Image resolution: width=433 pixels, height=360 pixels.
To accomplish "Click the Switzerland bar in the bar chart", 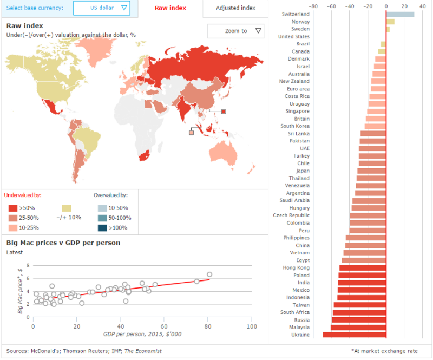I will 400,14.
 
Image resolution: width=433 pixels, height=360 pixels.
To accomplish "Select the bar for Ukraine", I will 355,335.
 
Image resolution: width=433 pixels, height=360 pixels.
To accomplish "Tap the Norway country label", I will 300,22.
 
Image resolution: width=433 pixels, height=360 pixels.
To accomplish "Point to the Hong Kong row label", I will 296,268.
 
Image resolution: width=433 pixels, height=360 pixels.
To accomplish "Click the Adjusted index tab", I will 235,8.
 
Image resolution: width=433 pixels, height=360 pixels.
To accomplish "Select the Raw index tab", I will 170,8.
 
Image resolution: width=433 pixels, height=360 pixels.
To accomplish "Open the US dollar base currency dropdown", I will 102,8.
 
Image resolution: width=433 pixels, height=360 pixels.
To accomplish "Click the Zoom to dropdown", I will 236,31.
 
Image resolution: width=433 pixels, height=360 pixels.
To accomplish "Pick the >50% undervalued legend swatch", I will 12,208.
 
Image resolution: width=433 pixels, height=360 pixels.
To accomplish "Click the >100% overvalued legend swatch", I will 102,228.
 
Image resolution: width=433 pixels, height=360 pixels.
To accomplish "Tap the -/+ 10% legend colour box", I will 67,208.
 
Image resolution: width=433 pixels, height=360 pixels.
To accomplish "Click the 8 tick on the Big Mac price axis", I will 28,266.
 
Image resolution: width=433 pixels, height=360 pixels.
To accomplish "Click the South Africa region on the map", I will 143,156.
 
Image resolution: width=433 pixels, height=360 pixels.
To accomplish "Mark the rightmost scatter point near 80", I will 209,274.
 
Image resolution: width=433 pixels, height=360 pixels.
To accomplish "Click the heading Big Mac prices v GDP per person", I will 63,243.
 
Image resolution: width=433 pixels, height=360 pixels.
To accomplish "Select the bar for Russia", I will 359,320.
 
